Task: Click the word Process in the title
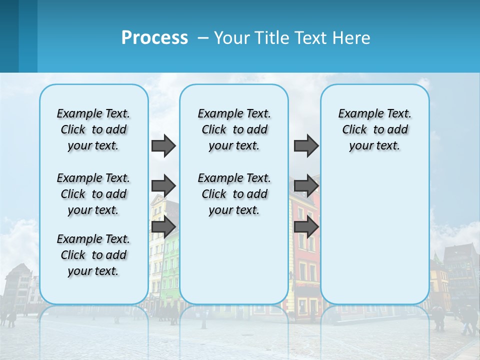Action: coord(154,38)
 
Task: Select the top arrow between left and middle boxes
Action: coord(163,145)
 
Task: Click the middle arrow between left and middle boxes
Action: coord(163,186)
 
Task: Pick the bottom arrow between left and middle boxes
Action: coord(163,227)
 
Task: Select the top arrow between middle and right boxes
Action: coord(306,145)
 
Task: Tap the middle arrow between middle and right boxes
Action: coord(306,186)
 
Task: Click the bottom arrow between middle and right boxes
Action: coord(306,227)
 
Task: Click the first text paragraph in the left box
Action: coord(93,129)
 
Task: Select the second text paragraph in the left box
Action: coord(93,194)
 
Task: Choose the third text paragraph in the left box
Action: coord(93,255)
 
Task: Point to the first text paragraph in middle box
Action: coord(234,129)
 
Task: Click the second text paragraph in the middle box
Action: coord(234,194)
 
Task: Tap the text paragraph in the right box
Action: coord(374,129)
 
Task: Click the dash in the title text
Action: coord(203,38)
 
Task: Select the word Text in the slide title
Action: coord(310,38)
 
